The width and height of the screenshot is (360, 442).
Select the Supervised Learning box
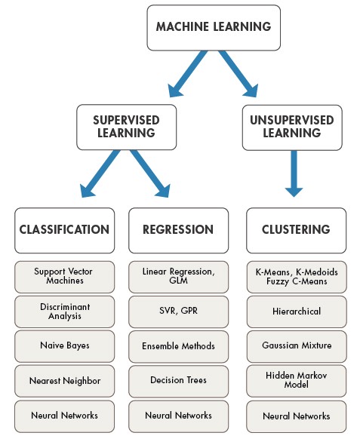125,127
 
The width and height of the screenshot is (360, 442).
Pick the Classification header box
64,229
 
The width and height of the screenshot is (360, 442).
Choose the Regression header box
177,229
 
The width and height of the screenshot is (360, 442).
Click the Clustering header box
296,229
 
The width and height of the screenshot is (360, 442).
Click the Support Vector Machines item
64,276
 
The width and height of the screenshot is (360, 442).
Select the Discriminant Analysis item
64,312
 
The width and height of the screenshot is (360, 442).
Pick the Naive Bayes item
64,346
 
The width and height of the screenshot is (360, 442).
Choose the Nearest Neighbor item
64,381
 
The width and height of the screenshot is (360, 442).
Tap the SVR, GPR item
177,312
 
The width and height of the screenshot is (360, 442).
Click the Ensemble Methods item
177,346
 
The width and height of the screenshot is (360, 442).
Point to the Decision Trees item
177,381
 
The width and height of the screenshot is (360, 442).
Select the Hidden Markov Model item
296,381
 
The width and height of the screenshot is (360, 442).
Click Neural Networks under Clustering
296,416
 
